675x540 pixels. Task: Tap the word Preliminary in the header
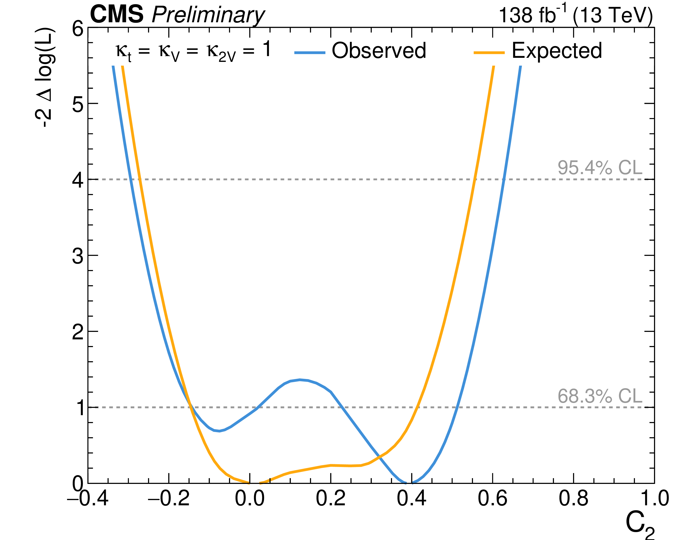pos(208,16)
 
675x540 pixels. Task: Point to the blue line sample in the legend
pos(310,52)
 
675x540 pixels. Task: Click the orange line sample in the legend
pos(489,52)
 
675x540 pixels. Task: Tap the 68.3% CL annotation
pos(600,396)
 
